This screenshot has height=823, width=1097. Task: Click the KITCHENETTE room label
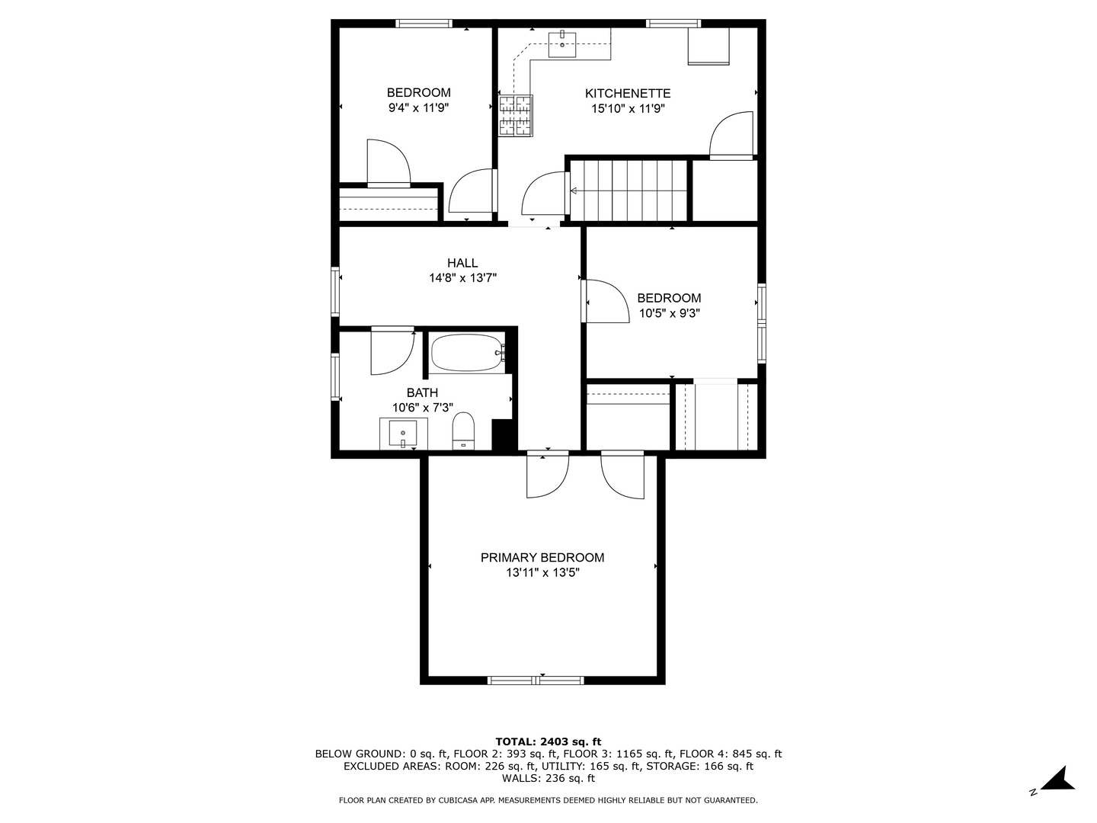coord(627,93)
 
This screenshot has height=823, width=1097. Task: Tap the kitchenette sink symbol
coord(563,44)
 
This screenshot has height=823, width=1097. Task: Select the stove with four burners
coord(516,115)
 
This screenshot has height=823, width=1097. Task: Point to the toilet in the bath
coord(463,431)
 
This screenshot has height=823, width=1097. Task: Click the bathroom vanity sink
coord(403,434)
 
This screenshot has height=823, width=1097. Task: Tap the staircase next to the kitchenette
coord(628,190)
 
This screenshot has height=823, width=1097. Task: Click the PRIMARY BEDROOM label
coord(542,558)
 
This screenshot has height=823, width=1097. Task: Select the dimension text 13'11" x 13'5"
coord(542,573)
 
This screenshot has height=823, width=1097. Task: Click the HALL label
coord(462,263)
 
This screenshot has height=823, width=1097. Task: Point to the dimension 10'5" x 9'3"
coord(669,313)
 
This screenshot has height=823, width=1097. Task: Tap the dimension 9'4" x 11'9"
coord(418,108)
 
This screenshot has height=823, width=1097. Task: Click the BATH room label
coord(422,392)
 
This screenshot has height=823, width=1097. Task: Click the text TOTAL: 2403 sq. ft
coord(548,741)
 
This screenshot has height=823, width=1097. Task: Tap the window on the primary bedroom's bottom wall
coord(536,680)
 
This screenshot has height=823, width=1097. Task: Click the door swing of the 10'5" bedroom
coord(606,302)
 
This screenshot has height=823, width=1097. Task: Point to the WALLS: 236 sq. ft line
coord(548,778)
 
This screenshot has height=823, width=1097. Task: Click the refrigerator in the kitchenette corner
coord(708,46)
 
